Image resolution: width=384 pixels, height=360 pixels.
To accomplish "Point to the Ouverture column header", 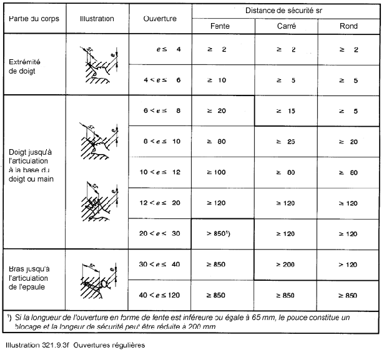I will [160, 18].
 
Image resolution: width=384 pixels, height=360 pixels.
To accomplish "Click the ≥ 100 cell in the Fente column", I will [223, 172].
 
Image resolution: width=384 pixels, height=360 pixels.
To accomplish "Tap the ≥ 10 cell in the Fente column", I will [223, 80].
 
